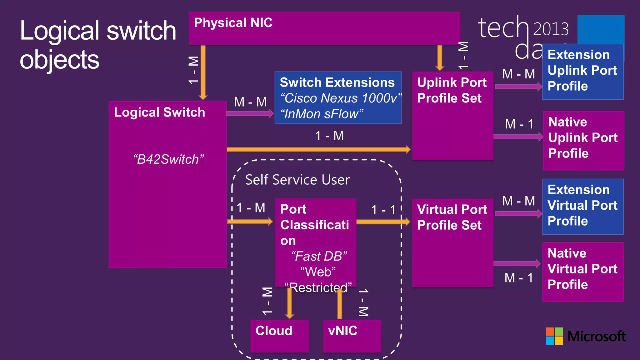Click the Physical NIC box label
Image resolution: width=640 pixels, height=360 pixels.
pos(233,23)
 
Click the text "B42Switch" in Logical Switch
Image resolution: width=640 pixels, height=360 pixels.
pos(168,159)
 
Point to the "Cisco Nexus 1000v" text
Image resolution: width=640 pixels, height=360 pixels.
pos(340,98)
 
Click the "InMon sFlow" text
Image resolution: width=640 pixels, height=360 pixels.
pos(322,114)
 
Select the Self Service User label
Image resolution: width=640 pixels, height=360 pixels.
pos(297,180)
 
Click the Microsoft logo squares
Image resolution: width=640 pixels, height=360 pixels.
pos(554,336)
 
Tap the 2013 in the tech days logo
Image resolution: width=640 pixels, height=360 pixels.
pos(551,29)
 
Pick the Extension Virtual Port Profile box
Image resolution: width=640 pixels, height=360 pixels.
pos(583,206)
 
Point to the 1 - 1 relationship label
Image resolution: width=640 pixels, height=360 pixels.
pos(383,210)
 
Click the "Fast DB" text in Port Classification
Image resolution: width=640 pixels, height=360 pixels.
pos(319,256)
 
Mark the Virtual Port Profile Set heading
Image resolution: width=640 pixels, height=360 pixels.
pos(452,217)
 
